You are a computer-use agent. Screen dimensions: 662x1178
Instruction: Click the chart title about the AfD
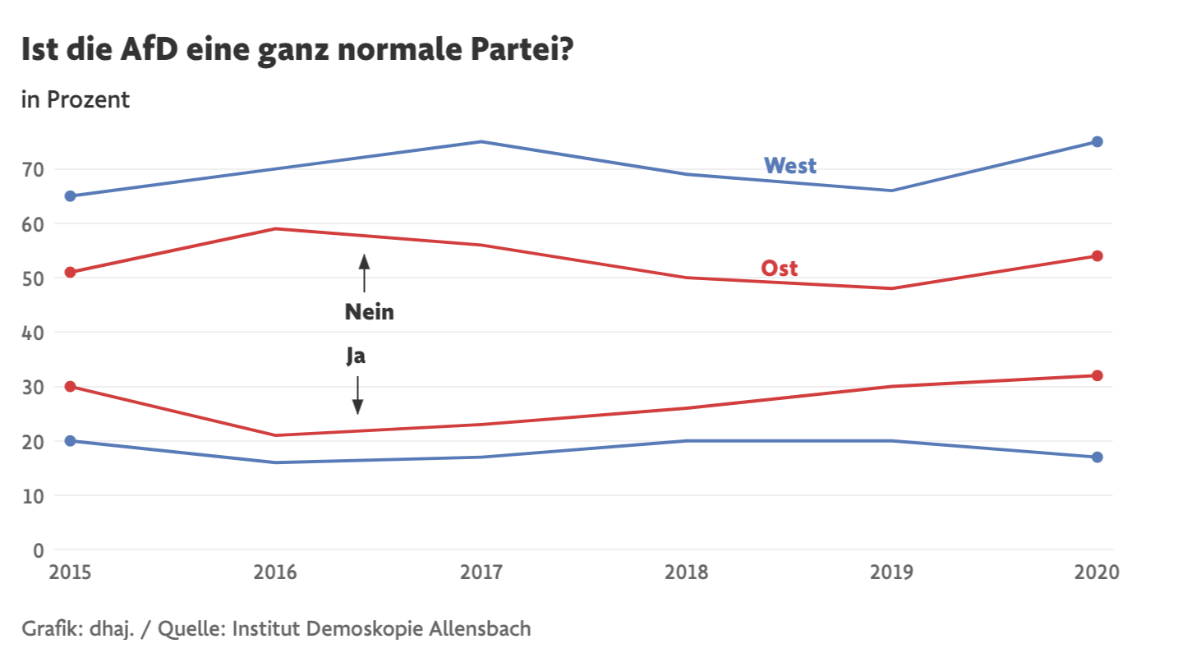297,50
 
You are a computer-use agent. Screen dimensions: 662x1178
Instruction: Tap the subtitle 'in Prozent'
76,100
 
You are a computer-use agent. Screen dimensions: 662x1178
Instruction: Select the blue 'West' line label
789,166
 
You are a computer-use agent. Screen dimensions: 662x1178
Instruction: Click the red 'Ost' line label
779,268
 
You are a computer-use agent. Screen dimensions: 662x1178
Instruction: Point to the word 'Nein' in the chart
369,312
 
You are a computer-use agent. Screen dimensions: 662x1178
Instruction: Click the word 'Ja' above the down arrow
355,356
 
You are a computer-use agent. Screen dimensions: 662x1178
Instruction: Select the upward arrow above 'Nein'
364,274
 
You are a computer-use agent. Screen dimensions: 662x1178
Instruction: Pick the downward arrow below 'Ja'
357,395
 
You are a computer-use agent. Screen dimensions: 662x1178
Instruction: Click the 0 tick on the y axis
39,550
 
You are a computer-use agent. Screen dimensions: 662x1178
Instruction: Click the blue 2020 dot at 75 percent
1097,142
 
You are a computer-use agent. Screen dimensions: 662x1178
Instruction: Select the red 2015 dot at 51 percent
70,272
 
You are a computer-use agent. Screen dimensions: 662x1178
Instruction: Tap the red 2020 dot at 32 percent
1097,375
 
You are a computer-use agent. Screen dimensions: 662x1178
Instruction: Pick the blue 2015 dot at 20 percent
70,441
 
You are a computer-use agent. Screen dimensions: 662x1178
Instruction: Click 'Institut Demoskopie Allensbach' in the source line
382,630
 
